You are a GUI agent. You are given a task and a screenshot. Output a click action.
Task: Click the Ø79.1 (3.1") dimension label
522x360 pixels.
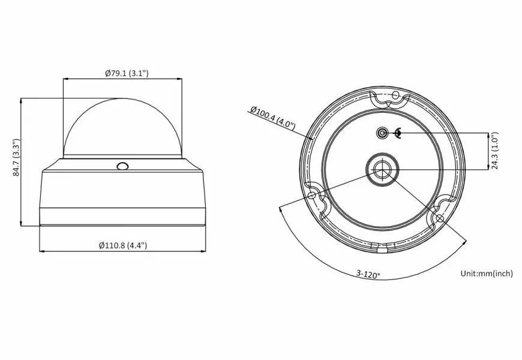tap(127, 73)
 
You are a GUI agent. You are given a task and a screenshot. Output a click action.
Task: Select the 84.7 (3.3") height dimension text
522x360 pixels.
tap(16, 158)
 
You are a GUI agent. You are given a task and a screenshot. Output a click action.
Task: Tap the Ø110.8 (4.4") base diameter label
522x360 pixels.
tap(123, 245)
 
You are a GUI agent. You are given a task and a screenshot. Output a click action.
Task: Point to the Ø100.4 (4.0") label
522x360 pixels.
tap(272, 118)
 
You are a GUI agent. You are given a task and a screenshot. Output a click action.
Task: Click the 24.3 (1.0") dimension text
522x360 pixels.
tap(495, 151)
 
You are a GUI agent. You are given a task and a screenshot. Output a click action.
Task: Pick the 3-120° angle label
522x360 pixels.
tap(368, 274)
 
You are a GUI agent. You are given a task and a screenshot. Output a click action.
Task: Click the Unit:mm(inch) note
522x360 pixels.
tap(487, 274)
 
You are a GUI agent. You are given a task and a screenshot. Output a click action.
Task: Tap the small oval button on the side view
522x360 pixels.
tap(122, 166)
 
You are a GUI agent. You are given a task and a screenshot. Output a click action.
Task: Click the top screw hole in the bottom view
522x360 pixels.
tap(395, 95)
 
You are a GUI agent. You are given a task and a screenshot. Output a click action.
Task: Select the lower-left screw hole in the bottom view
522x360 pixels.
tap(312, 195)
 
